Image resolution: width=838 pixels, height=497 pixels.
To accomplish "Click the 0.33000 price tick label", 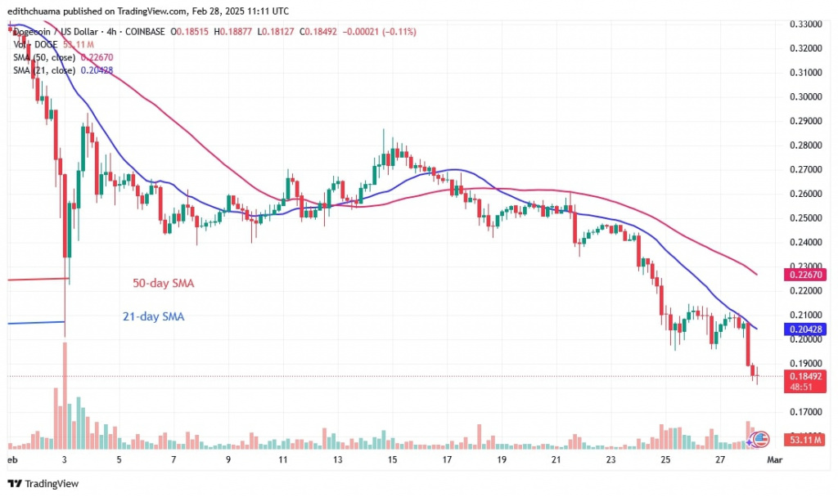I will tap(806, 25).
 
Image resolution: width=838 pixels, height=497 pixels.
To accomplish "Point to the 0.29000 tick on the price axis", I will tap(806, 121).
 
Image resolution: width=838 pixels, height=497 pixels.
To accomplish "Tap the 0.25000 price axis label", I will tap(806, 218).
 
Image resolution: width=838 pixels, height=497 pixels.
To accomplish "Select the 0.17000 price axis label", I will tap(806, 411).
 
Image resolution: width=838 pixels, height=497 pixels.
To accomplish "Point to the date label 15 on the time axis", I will tap(392, 460).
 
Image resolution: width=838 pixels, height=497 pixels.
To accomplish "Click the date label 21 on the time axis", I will tap(556, 460).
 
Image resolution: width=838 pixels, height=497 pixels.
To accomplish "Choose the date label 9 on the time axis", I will tap(228, 460).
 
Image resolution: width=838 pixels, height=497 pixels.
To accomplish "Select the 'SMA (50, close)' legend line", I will tap(61, 57).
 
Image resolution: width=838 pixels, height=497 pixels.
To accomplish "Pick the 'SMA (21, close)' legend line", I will tap(61, 70).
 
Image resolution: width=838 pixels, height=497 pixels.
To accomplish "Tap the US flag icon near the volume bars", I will tap(761, 438).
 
